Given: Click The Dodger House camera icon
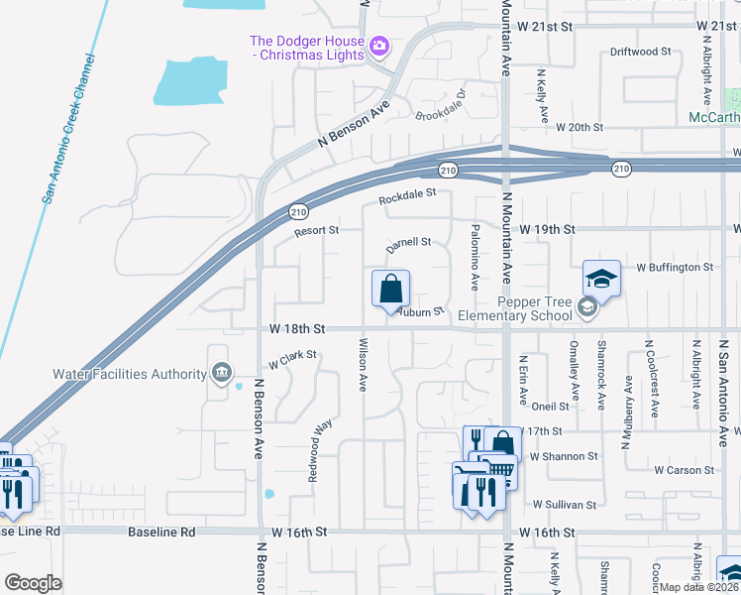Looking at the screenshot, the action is click(378, 47).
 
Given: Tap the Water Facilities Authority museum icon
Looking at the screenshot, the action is click(221, 374).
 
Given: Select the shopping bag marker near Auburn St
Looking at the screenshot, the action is click(390, 290).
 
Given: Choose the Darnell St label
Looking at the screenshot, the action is click(408, 242).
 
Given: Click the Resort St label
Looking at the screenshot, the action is click(316, 231).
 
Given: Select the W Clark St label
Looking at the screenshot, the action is click(291, 358).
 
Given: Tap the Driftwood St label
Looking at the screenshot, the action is click(641, 51).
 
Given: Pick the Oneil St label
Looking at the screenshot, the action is click(550, 406).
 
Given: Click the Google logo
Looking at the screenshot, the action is click(33, 583).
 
